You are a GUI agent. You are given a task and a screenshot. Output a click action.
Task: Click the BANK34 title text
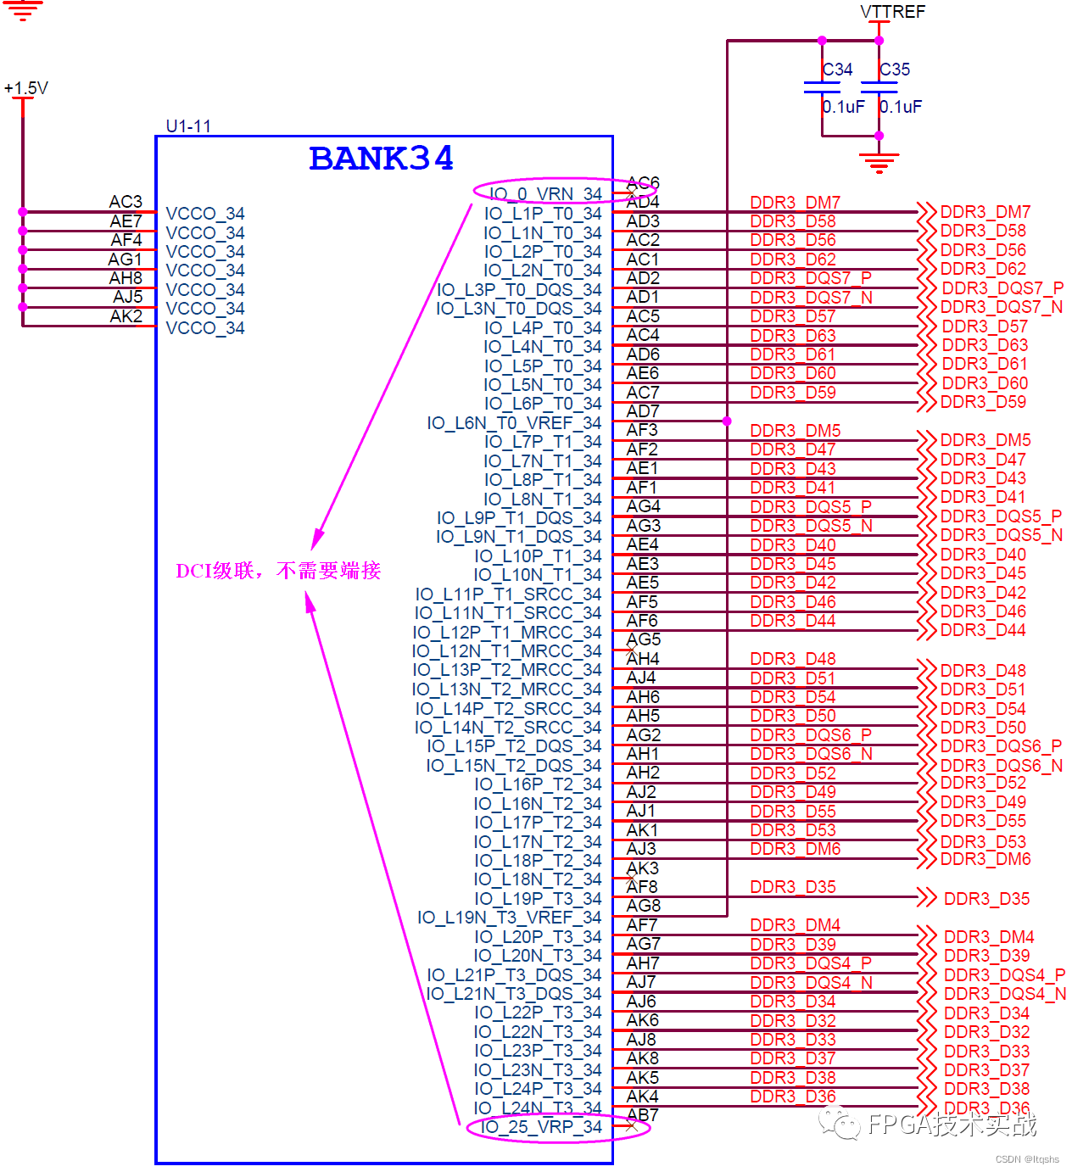click(381, 159)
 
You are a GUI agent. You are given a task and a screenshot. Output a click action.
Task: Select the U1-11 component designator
click(188, 126)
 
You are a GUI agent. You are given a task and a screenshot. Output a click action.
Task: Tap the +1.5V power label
click(26, 88)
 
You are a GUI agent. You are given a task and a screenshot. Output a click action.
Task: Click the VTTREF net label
click(892, 12)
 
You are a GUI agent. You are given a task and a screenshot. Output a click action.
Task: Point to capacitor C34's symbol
click(822, 87)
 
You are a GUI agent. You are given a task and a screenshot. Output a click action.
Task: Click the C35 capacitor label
click(895, 70)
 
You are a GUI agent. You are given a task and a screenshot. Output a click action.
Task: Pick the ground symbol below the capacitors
click(879, 161)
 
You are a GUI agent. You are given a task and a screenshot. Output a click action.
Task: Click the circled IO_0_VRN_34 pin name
click(545, 194)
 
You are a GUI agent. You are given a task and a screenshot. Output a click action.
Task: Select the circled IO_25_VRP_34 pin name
click(541, 1127)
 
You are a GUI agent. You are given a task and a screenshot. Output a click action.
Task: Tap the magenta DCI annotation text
click(278, 571)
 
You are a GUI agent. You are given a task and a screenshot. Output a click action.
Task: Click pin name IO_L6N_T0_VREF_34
click(514, 423)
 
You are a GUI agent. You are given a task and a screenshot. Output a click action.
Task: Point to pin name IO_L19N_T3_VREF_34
click(509, 918)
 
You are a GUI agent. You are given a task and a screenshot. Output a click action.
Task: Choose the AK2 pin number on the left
click(126, 316)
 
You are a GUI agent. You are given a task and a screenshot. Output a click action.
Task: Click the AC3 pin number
click(126, 202)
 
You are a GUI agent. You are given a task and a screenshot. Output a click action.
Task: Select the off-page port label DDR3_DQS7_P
click(1002, 288)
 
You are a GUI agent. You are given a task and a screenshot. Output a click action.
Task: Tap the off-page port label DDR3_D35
click(986, 899)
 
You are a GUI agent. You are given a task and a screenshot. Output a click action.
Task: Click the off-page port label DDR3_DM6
click(985, 859)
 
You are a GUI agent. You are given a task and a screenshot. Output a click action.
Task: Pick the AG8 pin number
click(644, 906)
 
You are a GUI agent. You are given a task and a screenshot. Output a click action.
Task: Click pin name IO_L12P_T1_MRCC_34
click(506, 633)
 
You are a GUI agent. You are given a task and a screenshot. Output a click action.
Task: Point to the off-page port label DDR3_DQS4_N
click(1005, 994)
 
